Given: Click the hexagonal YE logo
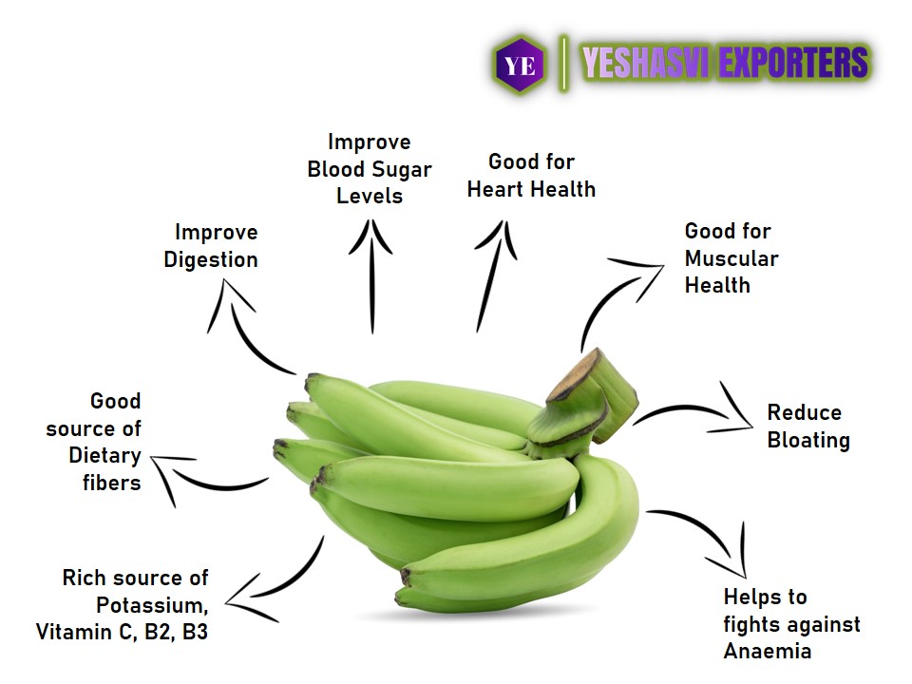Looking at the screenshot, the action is (x=520, y=65).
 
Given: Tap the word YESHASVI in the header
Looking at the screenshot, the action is (x=645, y=63).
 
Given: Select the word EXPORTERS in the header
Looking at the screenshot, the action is (x=793, y=63).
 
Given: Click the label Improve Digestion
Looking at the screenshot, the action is (x=211, y=246).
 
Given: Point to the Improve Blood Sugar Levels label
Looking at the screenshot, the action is (x=370, y=169).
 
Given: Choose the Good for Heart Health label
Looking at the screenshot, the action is (x=532, y=175).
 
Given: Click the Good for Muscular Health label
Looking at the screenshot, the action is (x=731, y=257).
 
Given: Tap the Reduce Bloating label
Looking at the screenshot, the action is (x=808, y=427).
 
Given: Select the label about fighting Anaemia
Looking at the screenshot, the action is (x=791, y=624).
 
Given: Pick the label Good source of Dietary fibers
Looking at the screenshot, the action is (x=94, y=442).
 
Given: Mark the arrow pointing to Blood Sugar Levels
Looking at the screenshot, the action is (x=371, y=276).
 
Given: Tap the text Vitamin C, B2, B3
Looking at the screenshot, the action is (x=122, y=633).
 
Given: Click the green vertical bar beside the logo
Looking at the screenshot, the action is (x=563, y=64).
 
